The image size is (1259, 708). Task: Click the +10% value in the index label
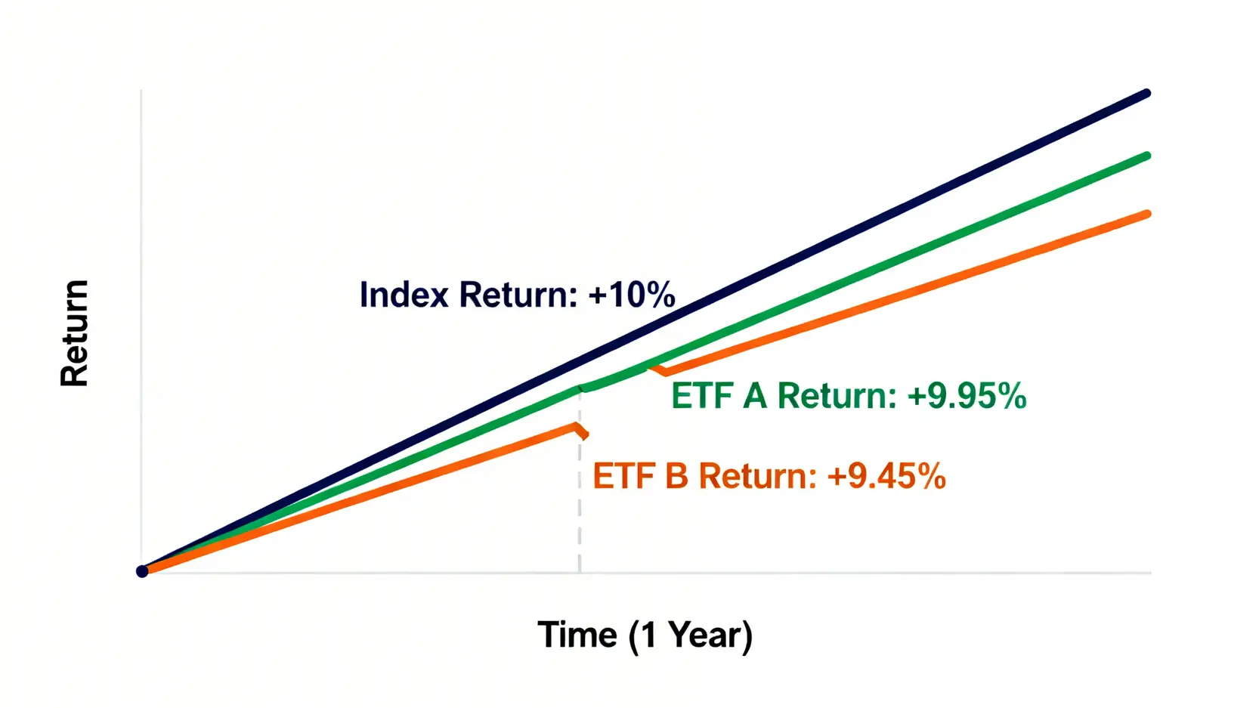632,294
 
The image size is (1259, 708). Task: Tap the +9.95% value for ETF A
967,395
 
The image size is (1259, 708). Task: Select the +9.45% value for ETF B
886,476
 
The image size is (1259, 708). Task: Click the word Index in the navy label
404,294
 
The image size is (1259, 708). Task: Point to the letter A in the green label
754,395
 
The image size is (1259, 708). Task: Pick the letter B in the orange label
676,476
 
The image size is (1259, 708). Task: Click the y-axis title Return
74,333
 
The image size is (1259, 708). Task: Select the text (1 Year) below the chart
690,636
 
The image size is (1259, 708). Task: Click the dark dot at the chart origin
142,571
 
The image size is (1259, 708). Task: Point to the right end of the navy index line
1146,93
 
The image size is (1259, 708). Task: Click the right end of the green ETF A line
1146,156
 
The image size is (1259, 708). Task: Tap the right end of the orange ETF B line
1146,214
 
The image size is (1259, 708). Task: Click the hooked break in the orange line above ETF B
581,430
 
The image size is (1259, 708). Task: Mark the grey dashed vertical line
580,481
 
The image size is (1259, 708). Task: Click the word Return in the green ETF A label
837,395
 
